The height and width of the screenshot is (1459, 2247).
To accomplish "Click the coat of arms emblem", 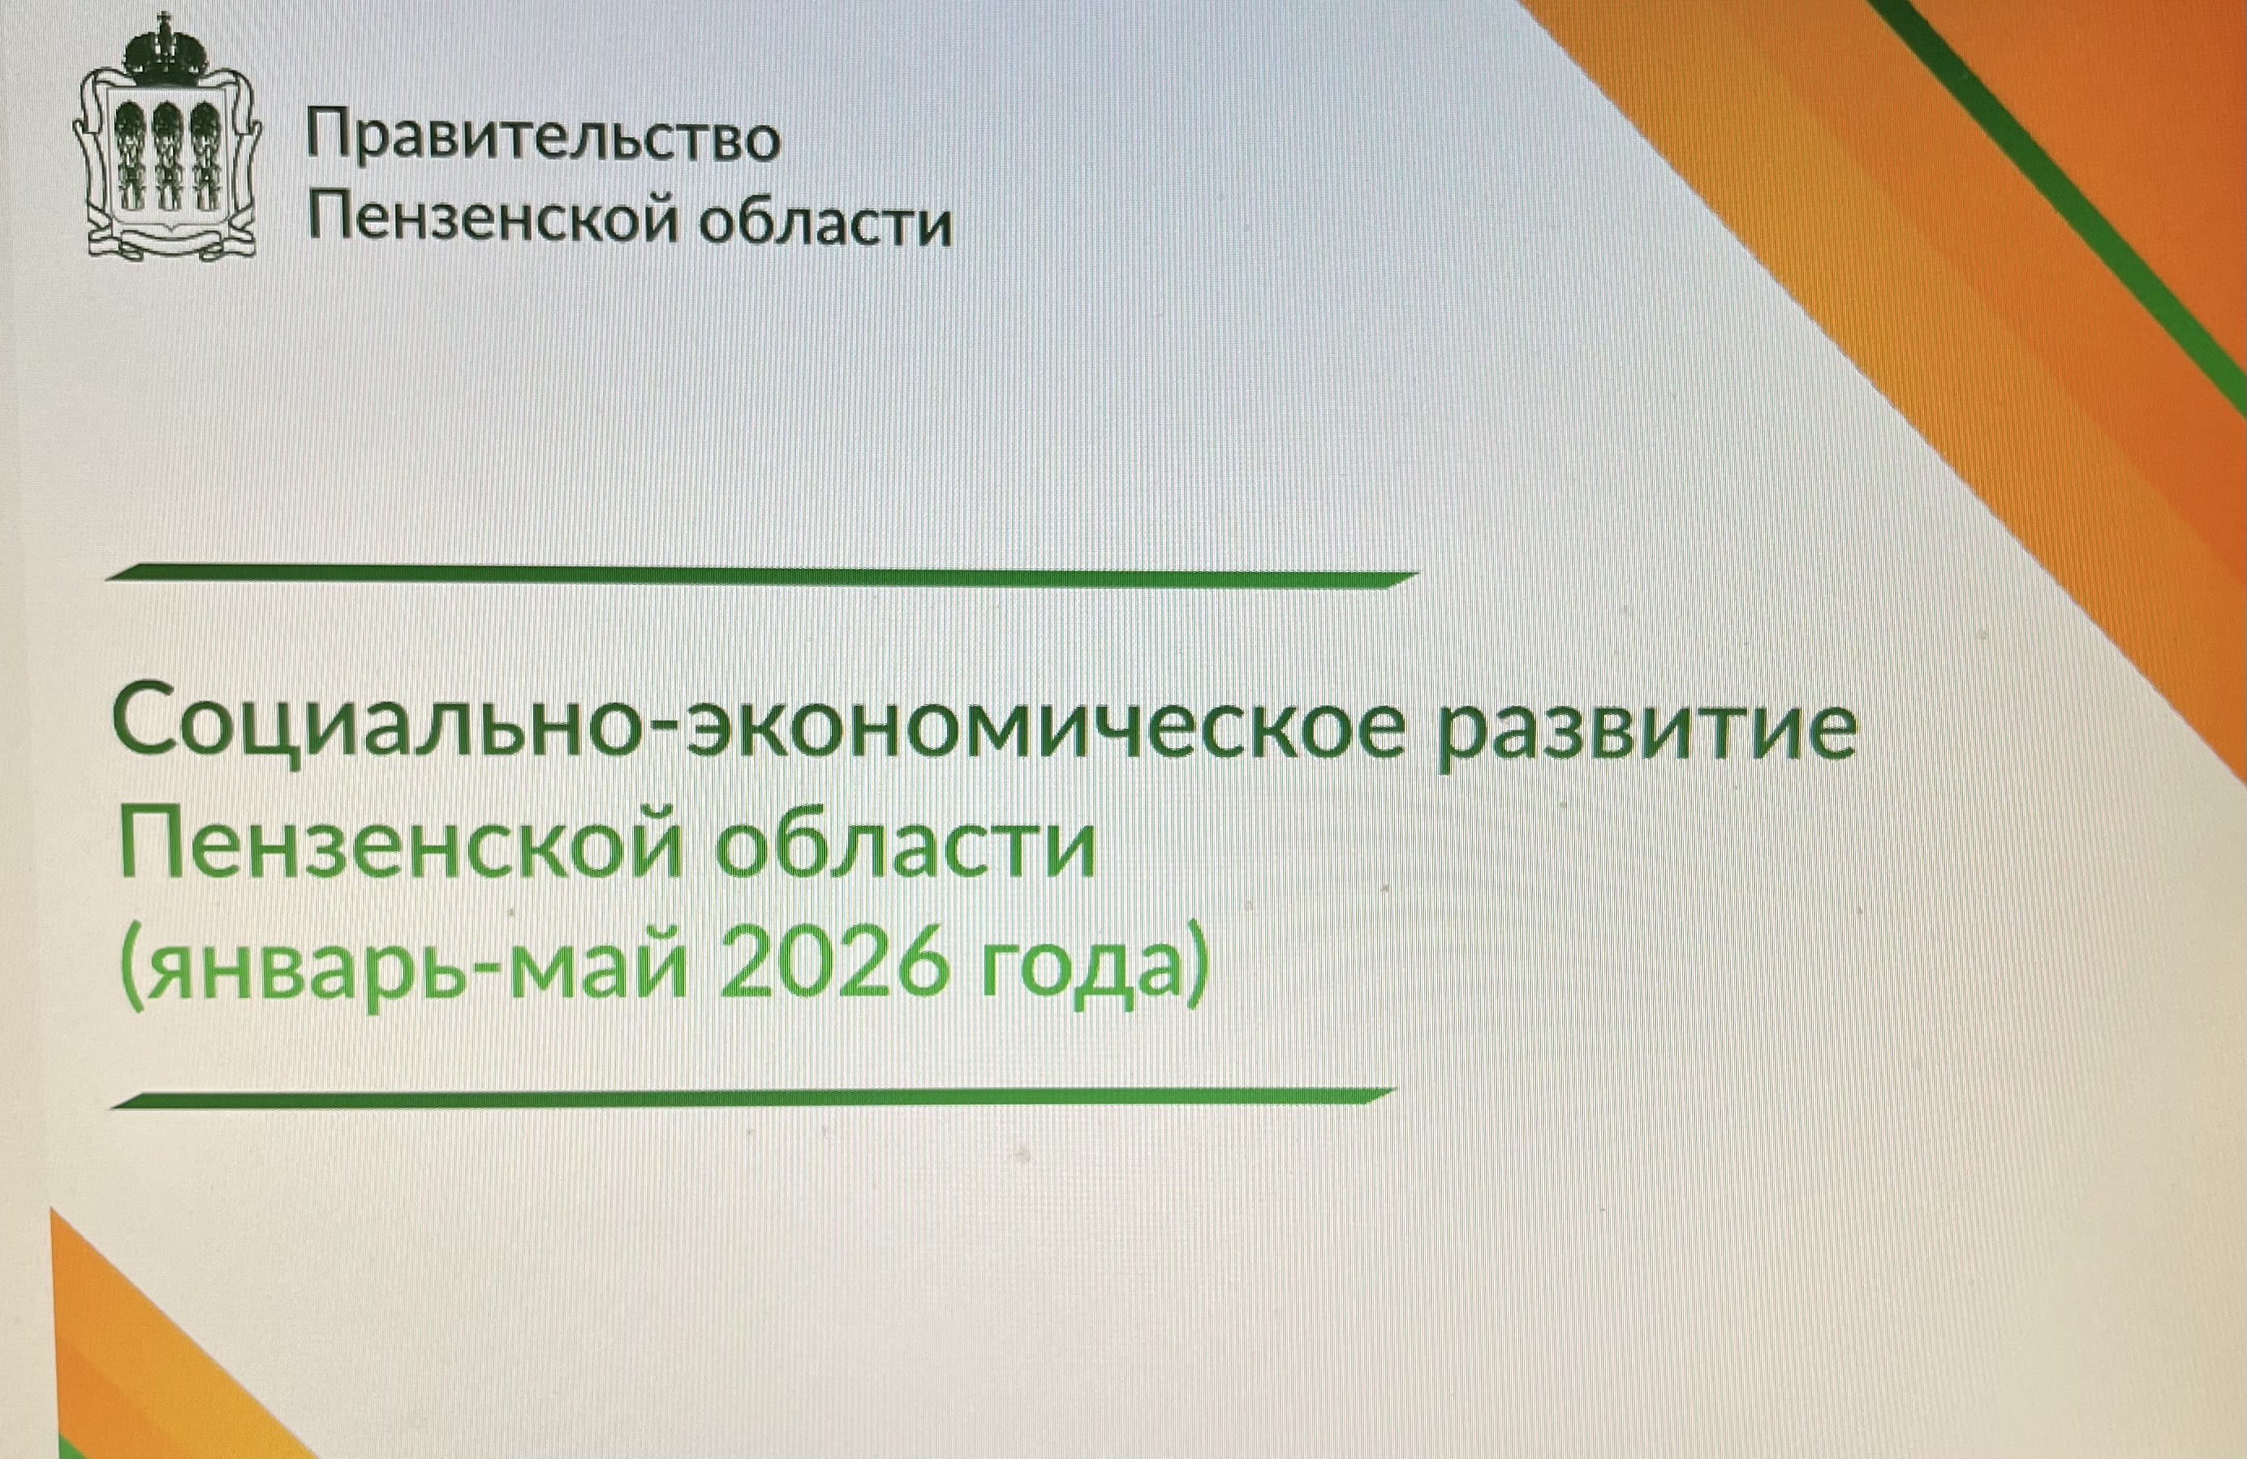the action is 167,137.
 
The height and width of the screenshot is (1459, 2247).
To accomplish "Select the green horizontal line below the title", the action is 751,1097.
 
